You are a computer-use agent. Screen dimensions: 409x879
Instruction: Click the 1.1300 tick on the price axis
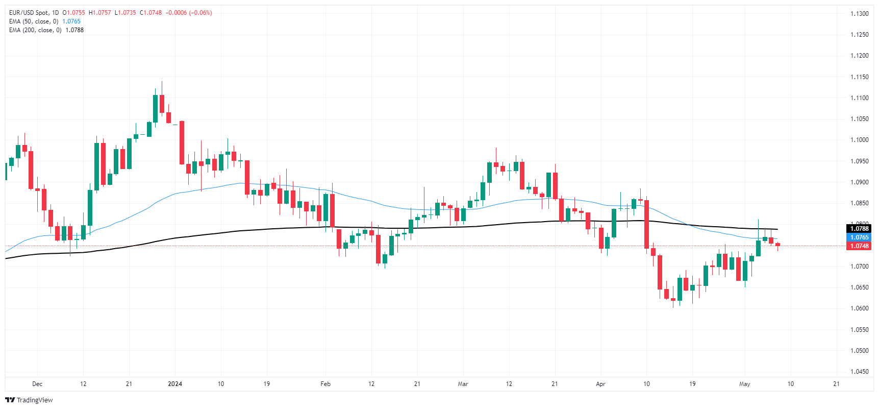point(859,14)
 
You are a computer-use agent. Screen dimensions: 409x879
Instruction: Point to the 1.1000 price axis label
point(859,140)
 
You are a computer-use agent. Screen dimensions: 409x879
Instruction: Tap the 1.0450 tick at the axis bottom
point(859,372)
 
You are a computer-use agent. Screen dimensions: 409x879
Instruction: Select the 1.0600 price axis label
point(859,308)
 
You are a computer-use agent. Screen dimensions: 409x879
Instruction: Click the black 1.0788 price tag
point(859,229)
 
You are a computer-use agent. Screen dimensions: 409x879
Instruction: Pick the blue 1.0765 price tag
point(859,237)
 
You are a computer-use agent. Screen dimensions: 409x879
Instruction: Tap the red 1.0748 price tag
point(859,246)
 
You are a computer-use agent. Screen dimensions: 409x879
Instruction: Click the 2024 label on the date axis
point(175,384)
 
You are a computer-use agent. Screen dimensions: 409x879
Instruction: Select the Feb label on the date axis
point(325,384)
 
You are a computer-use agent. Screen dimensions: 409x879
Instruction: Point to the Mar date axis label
point(463,384)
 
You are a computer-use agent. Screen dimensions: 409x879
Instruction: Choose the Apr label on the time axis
point(600,384)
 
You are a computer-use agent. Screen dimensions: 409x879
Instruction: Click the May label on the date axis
point(745,384)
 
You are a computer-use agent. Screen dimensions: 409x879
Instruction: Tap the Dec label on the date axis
point(37,384)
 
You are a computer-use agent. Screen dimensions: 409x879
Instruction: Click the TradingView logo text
point(34,400)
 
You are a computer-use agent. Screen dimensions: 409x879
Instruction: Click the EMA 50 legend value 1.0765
point(71,21)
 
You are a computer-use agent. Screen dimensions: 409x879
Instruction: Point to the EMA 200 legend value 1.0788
point(74,30)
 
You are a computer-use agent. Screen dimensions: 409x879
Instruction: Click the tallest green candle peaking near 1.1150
point(155,108)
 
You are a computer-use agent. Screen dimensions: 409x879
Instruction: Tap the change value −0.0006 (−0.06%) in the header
point(189,13)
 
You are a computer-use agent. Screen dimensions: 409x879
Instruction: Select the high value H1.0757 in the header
point(99,13)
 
